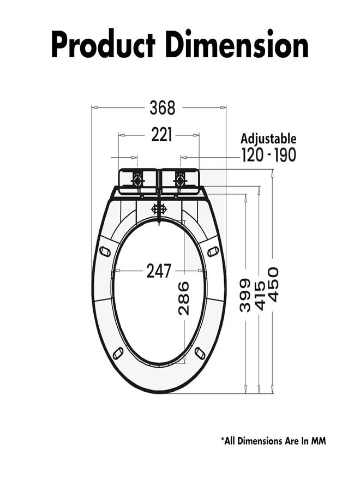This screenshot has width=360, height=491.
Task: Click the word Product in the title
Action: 103,44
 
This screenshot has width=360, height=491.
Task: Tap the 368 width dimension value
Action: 163,107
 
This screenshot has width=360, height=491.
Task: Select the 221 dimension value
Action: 161,135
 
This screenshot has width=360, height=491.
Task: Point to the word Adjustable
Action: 268,139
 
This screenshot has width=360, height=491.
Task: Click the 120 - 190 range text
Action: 268,155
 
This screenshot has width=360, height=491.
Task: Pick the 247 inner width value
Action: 159,271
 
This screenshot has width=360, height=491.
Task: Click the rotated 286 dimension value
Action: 184,298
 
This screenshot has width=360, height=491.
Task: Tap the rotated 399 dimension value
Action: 245,295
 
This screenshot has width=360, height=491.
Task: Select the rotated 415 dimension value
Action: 260,295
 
